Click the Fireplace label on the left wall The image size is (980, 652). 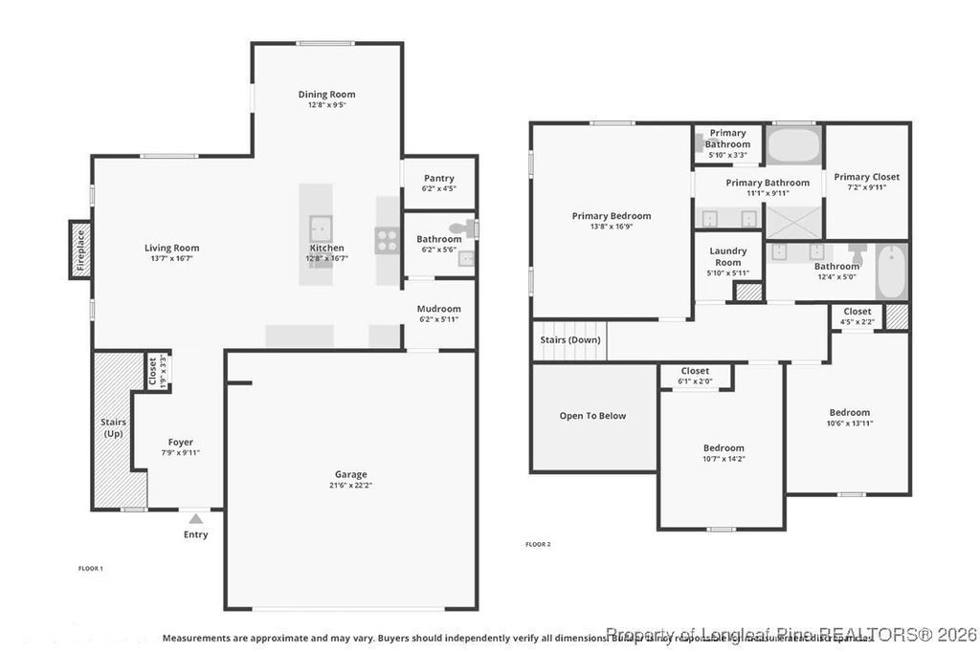point(80,250)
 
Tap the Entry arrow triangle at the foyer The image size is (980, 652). point(195,519)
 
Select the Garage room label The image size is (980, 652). point(350,474)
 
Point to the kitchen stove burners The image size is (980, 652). point(388,241)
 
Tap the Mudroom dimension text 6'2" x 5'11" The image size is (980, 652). point(439,319)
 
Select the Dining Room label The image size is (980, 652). point(326,95)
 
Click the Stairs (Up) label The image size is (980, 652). point(113,427)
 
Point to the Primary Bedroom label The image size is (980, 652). point(612,216)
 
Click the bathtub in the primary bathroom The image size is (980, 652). point(794,145)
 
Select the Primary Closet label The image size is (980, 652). point(866,177)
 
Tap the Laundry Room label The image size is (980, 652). point(727,256)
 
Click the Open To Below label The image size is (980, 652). point(592,416)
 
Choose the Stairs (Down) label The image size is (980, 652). point(569,340)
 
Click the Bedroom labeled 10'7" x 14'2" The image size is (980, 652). point(723,448)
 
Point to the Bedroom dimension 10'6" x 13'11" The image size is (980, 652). point(849,424)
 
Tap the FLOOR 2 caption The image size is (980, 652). point(538,544)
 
